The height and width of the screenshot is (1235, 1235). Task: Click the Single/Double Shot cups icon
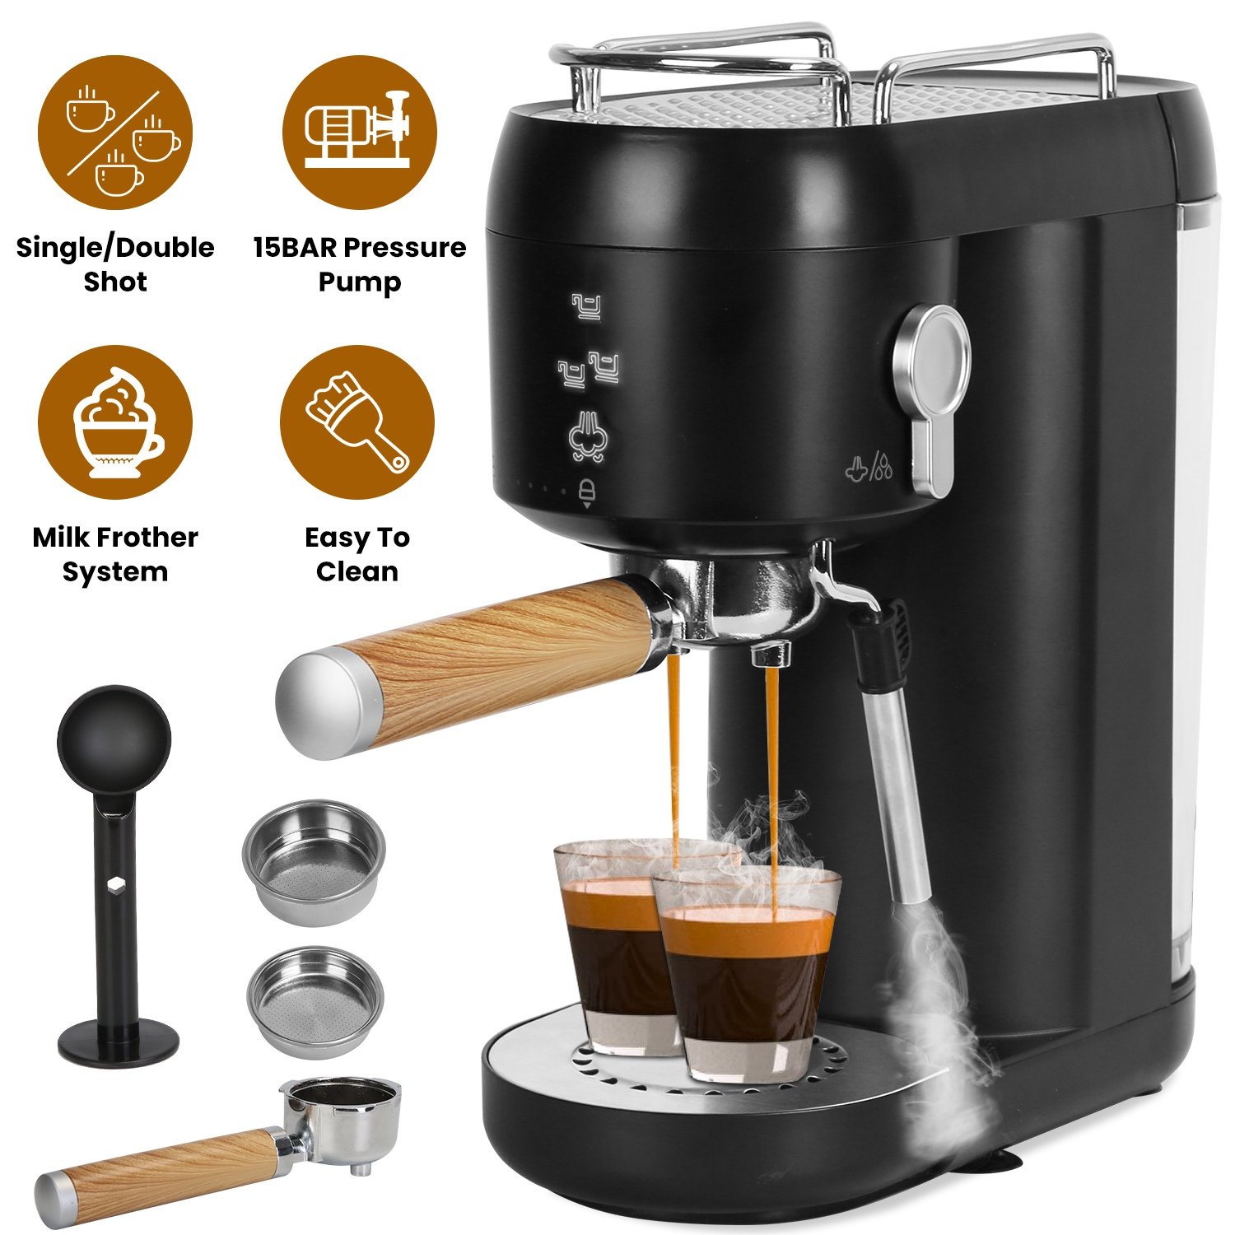point(115,133)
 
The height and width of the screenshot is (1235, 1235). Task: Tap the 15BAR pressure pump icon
point(359,133)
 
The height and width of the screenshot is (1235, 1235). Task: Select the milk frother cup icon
point(115,422)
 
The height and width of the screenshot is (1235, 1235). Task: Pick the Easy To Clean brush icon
point(357,422)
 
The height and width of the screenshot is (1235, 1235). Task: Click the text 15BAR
point(295,247)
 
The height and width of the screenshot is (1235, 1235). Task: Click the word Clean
point(357,571)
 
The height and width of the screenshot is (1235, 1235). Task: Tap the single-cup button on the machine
point(587,306)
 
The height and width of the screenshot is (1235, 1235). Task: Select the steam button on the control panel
point(587,436)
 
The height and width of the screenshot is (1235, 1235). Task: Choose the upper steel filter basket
point(314,862)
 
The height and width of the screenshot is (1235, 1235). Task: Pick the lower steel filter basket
point(315,1001)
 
